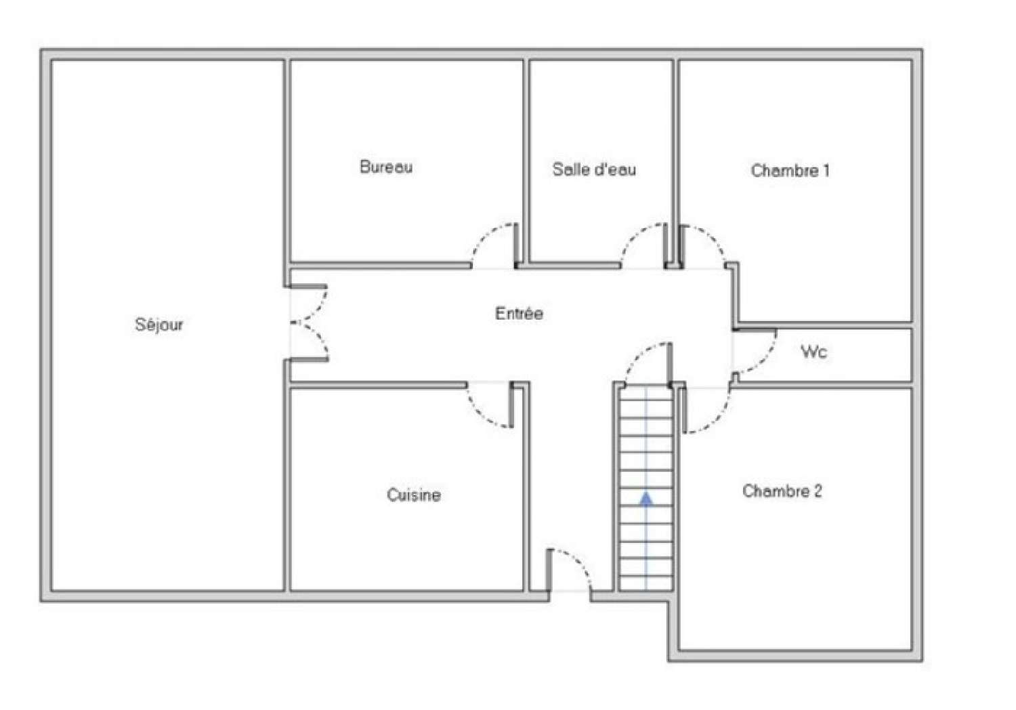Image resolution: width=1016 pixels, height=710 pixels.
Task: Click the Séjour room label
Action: pos(159,325)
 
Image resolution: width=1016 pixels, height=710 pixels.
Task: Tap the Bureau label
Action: pos(386,167)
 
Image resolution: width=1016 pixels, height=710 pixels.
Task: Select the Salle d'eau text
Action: pos(594,169)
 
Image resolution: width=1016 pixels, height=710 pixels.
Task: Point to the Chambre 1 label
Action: pos(790,170)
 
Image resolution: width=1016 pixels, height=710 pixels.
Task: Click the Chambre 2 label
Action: pos(782,491)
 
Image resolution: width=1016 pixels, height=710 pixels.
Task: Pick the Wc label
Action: pos(813,352)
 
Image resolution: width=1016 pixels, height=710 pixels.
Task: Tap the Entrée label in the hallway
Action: pos(519,314)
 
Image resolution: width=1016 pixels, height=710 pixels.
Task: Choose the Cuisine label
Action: pos(413,495)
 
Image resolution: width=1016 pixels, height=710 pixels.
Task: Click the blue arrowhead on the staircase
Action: pos(646,499)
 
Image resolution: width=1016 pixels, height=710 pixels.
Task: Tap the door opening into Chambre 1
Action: pos(704,244)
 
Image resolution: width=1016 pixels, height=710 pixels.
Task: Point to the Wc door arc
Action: pos(756,352)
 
